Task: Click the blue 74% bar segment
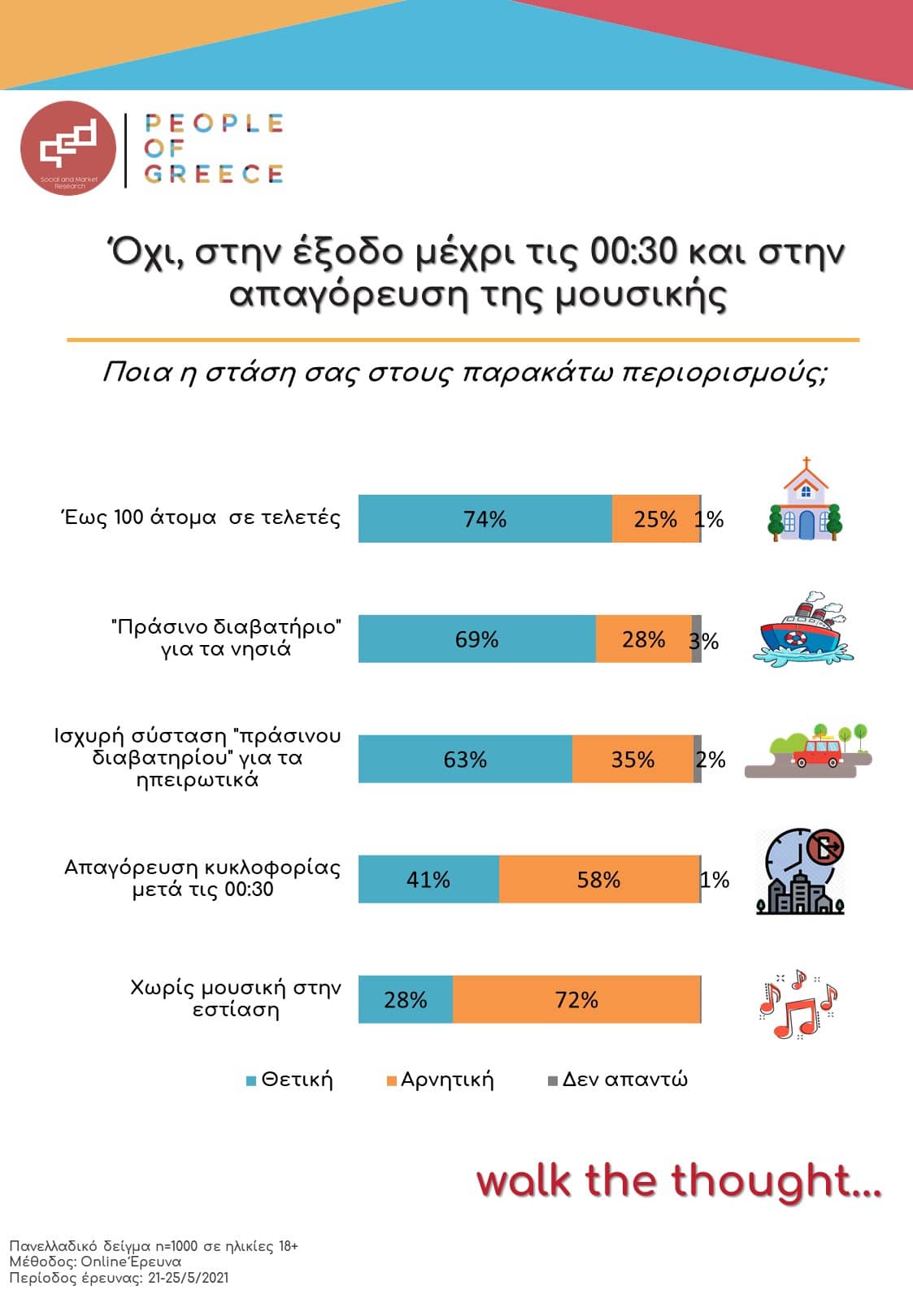pos(485,518)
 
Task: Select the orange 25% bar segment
pos(655,518)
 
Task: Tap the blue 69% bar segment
pos(476,639)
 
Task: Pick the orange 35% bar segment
pos(633,759)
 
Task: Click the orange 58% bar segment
pos(599,879)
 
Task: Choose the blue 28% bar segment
pos(405,999)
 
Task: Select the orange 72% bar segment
pos(576,999)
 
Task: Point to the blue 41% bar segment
pos(428,879)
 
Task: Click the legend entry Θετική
pos(290,1080)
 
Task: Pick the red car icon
pos(817,752)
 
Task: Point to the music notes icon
pos(797,1004)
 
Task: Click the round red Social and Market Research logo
pos(68,149)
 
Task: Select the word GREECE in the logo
pos(214,174)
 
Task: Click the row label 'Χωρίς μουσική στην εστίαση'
pos(236,998)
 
